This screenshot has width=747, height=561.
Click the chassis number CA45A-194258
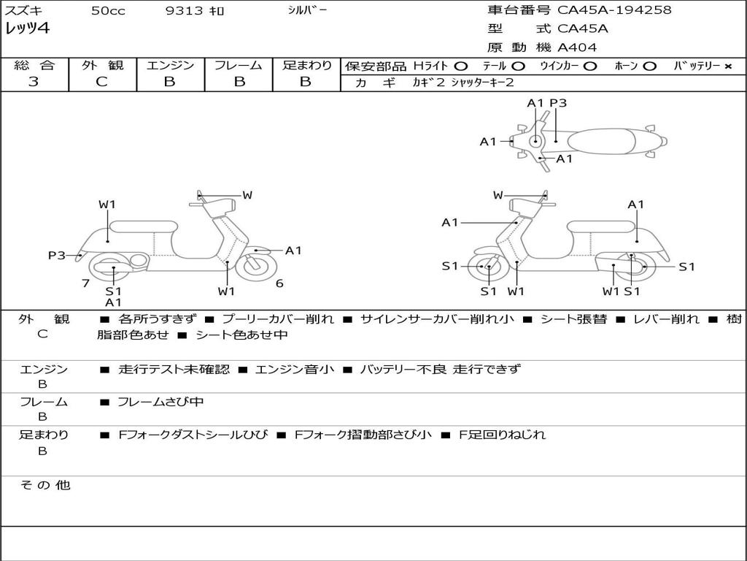[x=614, y=10]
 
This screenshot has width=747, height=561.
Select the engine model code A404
[x=577, y=47]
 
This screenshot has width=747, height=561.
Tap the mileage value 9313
[x=182, y=11]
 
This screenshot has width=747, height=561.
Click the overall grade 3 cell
[x=34, y=82]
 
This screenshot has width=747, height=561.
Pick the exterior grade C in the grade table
[x=101, y=82]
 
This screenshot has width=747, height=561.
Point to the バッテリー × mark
[x=727, y=66]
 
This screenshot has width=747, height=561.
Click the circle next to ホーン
[x=650, y=66]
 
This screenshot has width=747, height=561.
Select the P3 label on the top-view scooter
[x=558, y=104]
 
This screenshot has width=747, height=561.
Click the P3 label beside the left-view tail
[x=57, y=256]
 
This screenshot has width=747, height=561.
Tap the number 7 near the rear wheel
[x=85, y=283]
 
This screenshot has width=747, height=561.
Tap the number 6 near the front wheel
[x=279, y=283]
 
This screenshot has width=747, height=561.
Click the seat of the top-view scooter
[x=605, y=140]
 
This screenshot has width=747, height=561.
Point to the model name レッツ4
[x=27, y=29]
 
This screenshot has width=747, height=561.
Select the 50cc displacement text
[x=108, y=11]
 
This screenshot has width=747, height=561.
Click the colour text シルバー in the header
[x=307, y=10]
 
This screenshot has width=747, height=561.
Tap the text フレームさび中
[x=160, y=402]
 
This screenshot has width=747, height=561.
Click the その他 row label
[x=44, y=485]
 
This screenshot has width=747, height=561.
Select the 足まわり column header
[x=306, y=65]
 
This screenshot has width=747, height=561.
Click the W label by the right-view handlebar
[x=498, y=195]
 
